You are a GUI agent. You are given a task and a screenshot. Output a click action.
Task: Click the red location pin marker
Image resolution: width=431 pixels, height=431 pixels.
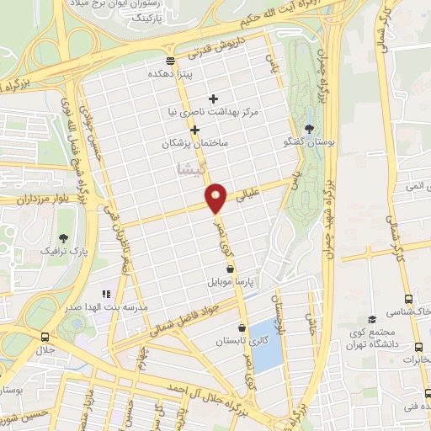217,198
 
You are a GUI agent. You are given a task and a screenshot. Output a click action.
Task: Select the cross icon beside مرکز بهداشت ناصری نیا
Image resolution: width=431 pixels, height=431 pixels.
213,98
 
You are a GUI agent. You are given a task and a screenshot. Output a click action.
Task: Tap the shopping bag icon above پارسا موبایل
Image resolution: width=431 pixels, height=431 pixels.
230,269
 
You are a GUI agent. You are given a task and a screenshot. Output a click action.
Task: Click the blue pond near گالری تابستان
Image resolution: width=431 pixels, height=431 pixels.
268,345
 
